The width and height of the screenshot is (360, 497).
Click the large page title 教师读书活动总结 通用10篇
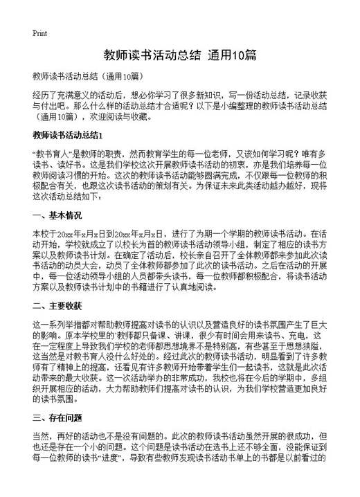coord(180,54)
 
